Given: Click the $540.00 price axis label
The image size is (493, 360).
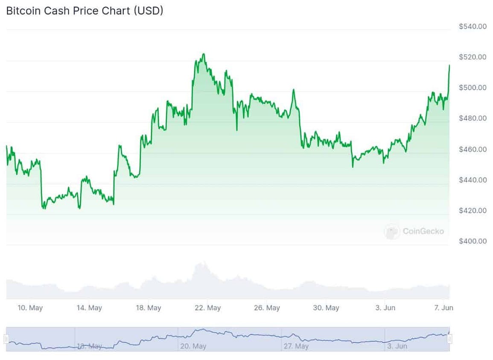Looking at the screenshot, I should pos(473,26).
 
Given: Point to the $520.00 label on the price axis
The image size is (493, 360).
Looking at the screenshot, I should pos(473,57).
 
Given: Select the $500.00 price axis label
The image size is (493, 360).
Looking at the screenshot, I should pos(473,88).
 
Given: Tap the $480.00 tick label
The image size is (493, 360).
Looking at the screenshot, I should pos(473,118).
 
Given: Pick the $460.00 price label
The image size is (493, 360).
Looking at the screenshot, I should pos(473,149).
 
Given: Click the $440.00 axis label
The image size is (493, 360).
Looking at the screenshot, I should pos(473,180).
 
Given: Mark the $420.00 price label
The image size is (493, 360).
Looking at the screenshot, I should pos(473,211).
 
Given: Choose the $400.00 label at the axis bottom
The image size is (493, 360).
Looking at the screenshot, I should pos(473,241).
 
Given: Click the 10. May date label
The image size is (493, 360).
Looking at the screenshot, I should pos(30,308).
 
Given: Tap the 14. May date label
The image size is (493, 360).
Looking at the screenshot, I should pos(89,308).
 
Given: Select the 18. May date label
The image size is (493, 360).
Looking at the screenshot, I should pos(148,308).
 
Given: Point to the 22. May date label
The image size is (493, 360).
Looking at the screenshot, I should pos(207,308).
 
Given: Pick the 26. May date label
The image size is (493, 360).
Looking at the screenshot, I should pos(267,308).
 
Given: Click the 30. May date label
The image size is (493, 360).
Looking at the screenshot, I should pos(326,308).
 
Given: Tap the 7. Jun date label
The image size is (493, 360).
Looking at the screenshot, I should pos(443,308).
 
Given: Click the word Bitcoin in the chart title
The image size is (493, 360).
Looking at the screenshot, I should pos(24,11).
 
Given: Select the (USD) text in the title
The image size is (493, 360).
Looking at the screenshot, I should pos(149,11).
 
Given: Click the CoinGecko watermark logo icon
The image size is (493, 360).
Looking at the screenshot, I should pos(391,231).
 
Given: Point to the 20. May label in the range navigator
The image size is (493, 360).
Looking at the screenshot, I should pos(193,346).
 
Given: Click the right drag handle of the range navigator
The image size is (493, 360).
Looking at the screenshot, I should pos(449,339).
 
